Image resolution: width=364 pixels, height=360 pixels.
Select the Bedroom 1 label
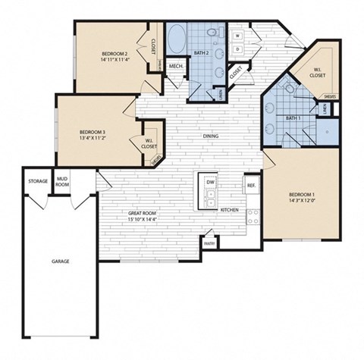(x=302, y=196)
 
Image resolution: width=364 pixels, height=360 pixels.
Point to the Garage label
(x=61, y=261)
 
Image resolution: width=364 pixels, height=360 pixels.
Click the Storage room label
(x=38, y=182)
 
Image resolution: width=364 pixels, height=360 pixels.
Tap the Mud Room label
(x=63, y=182)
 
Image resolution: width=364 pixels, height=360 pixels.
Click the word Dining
(x=212, y=137)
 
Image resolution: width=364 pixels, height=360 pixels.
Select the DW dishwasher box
(x=209, y=183)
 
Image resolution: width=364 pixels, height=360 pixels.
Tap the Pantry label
(x=209, y=243)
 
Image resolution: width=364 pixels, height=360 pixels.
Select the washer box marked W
(x=238, y=36)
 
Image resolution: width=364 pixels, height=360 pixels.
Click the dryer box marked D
(x=238, y=49)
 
